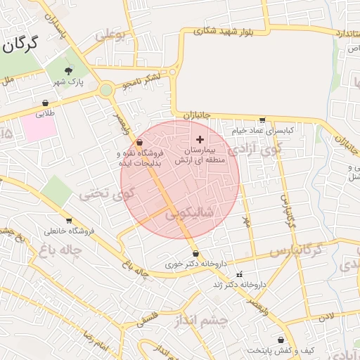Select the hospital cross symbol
pos(200,140)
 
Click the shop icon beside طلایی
pos(46,103)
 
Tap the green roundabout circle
pos(106,90)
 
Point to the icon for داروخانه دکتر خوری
pos(195,254)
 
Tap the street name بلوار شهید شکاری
pos(226,32)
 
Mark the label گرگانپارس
pos(295,251)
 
